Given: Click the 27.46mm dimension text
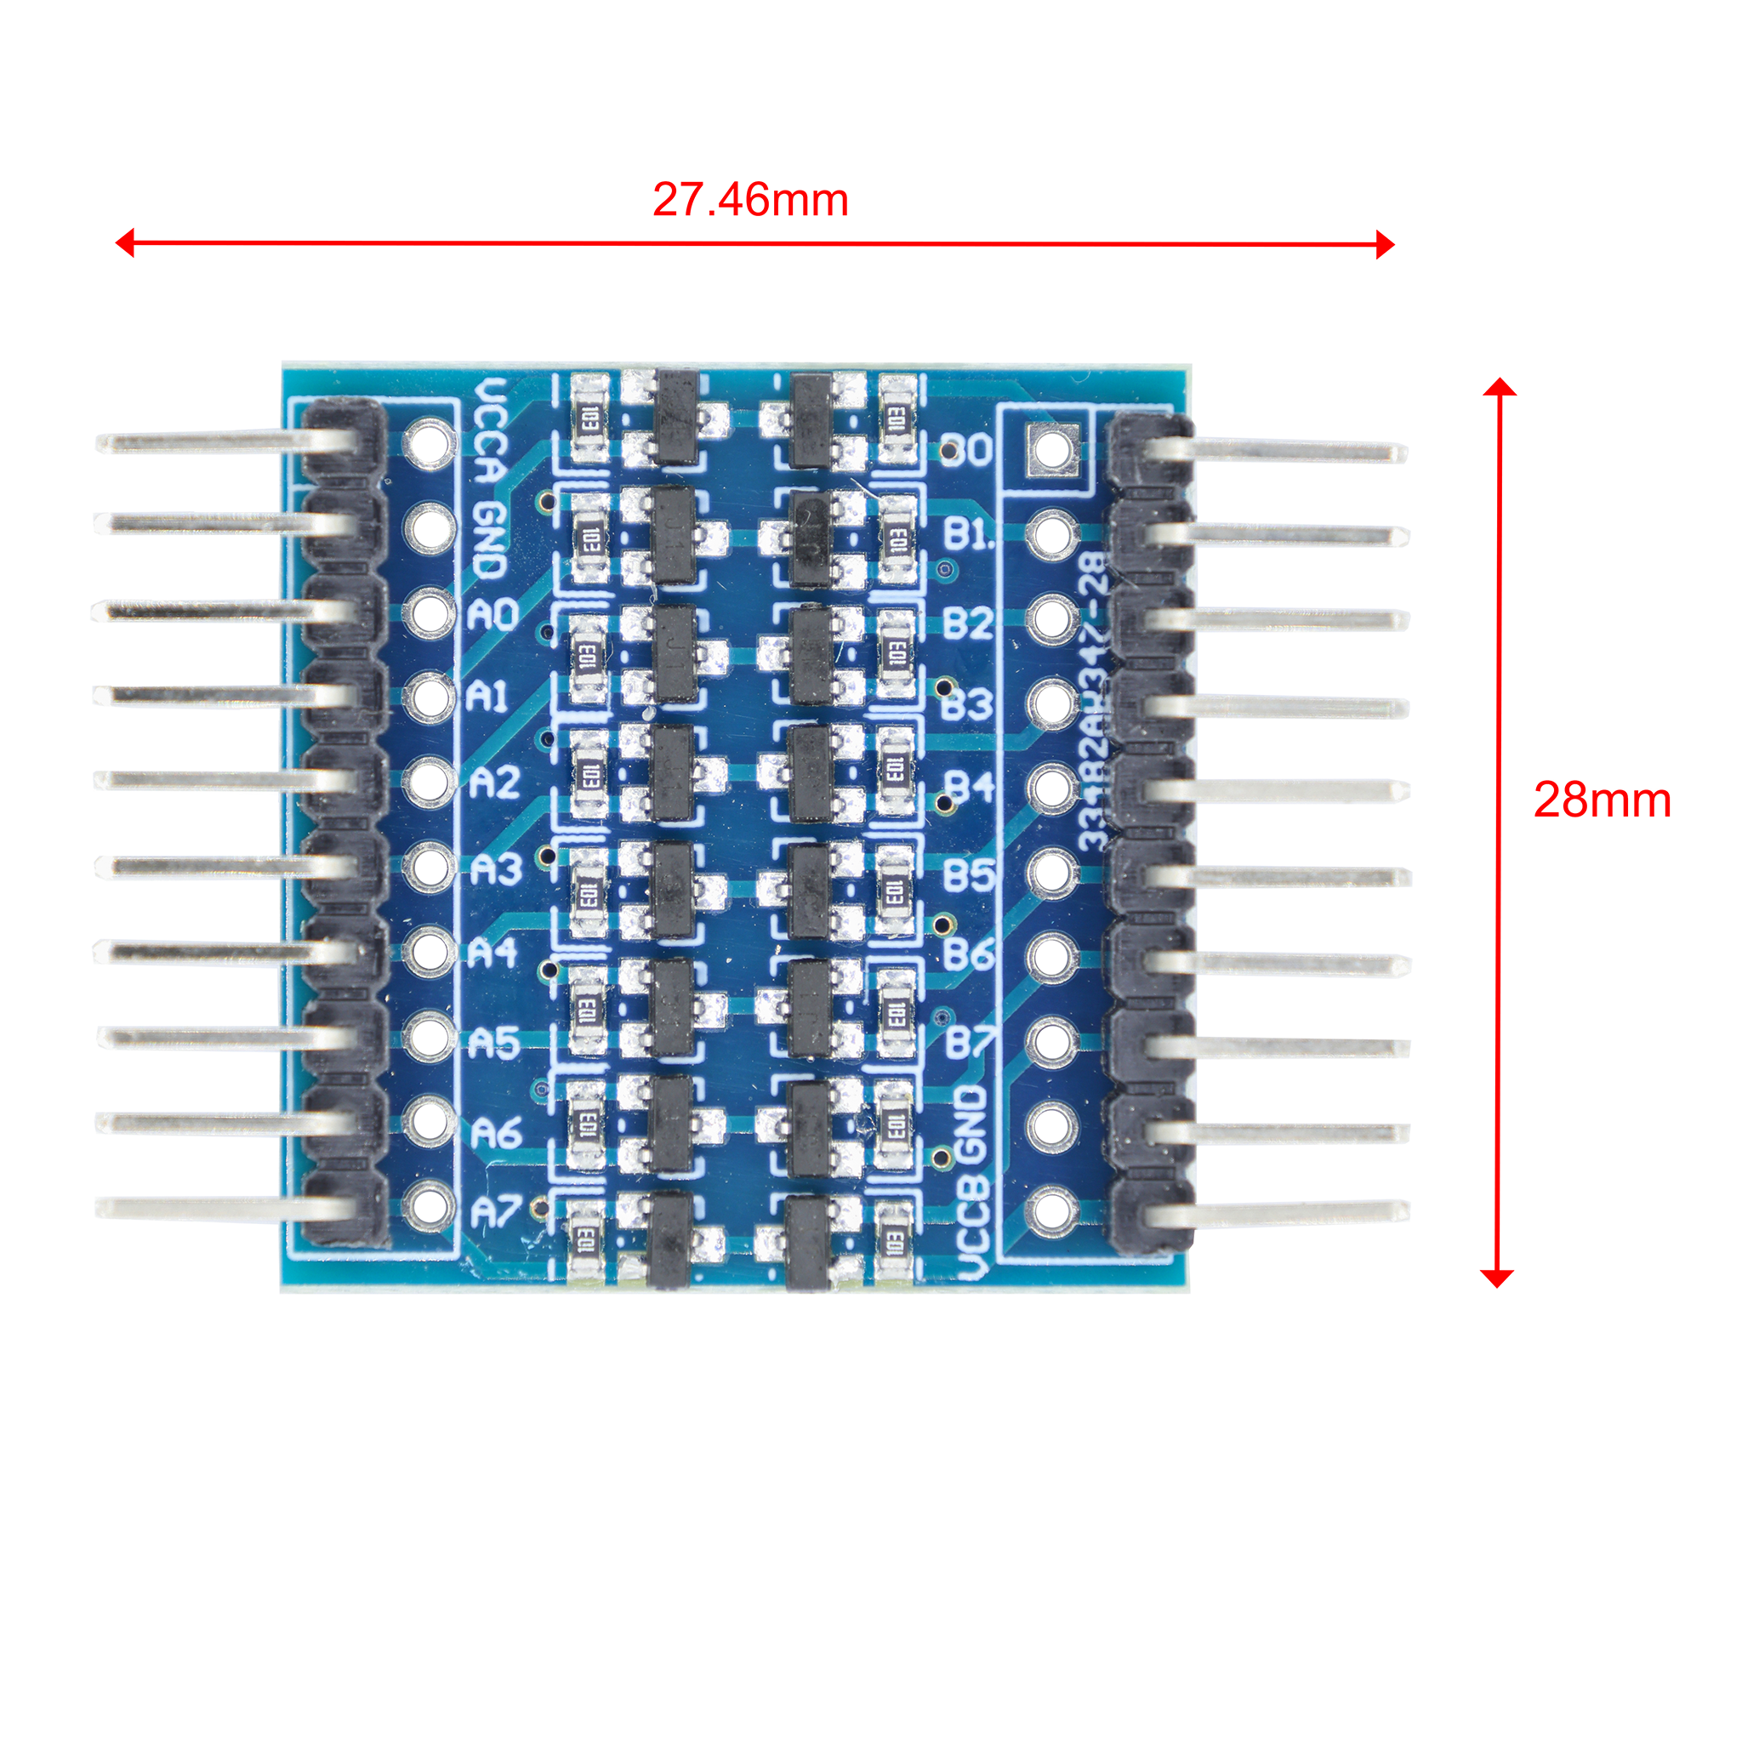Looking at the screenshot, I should pyautogui.click(x=750, y=199).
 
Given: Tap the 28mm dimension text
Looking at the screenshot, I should pyautogui.click(x=1603, y=800).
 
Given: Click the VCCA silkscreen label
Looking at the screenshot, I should pyautogui.click(x=491, y=433).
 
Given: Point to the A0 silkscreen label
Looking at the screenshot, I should pyautogui.click(x=492, y=614).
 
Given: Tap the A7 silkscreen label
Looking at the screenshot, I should pyautogui.click(x=495, y=1212).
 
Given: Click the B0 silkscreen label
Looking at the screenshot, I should pyautogui.click(x=965, y=449).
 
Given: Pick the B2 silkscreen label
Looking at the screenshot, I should pyautogui.click(x=967, y=622).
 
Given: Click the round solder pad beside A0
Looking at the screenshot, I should pyautogui.click(x=430, y=612).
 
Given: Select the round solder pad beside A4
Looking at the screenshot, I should pyautogui.click(x=430, y=952).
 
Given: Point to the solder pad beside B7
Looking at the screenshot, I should pyautogui.click(x=1052, y=1040).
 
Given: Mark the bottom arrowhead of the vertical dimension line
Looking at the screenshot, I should pyautogui.click(x=1497, y=1277).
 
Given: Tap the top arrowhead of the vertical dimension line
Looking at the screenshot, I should pyautogui.click(x=1500, y=388).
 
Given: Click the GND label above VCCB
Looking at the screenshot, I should pyautogui.click(x=971, y=1123).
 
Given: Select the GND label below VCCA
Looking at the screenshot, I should pyautogui.click(x=490, y=539).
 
